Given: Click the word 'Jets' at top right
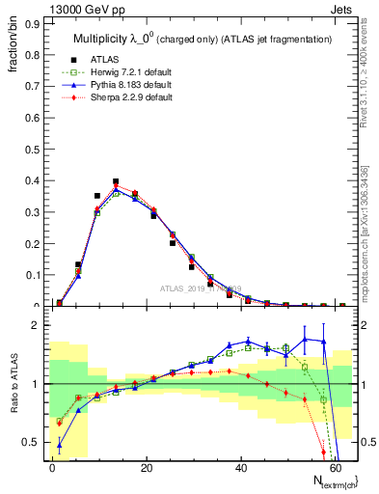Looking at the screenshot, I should (x=342, y=9).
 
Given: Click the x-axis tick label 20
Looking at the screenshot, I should (x=146, y=467).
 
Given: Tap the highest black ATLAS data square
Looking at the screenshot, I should (x=116, y=181).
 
